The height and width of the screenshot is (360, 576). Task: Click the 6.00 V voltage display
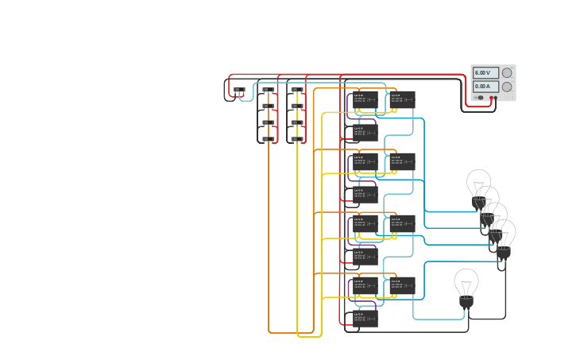point(485,72)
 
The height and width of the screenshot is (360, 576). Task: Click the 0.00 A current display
point(485,86)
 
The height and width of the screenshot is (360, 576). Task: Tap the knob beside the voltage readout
point(507,72)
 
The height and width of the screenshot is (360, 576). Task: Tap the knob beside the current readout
point(507,86)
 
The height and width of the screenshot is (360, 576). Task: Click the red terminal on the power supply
point(495,98)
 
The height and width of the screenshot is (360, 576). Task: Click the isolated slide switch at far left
point(239,91)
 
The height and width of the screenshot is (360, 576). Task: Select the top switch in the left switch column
point(269,91)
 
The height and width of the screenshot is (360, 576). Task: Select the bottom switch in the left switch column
point(269,139)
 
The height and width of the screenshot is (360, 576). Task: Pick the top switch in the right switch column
point(296,91)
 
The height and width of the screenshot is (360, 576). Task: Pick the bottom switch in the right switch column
point(296,139)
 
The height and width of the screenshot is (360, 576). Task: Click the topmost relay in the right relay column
point(402,99)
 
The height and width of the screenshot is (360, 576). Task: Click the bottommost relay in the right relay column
point(402,285)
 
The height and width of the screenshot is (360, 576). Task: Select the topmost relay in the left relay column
point(365,99)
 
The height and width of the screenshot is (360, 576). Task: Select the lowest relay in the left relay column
point(365,318)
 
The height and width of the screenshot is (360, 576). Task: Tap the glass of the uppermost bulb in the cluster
point(478,182)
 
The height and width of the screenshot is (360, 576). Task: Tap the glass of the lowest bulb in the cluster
point(503,233)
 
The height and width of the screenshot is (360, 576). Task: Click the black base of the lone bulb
point(466,303)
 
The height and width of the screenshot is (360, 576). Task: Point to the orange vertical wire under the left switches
point(269,238)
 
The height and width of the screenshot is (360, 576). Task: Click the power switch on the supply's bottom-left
point(479,98)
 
